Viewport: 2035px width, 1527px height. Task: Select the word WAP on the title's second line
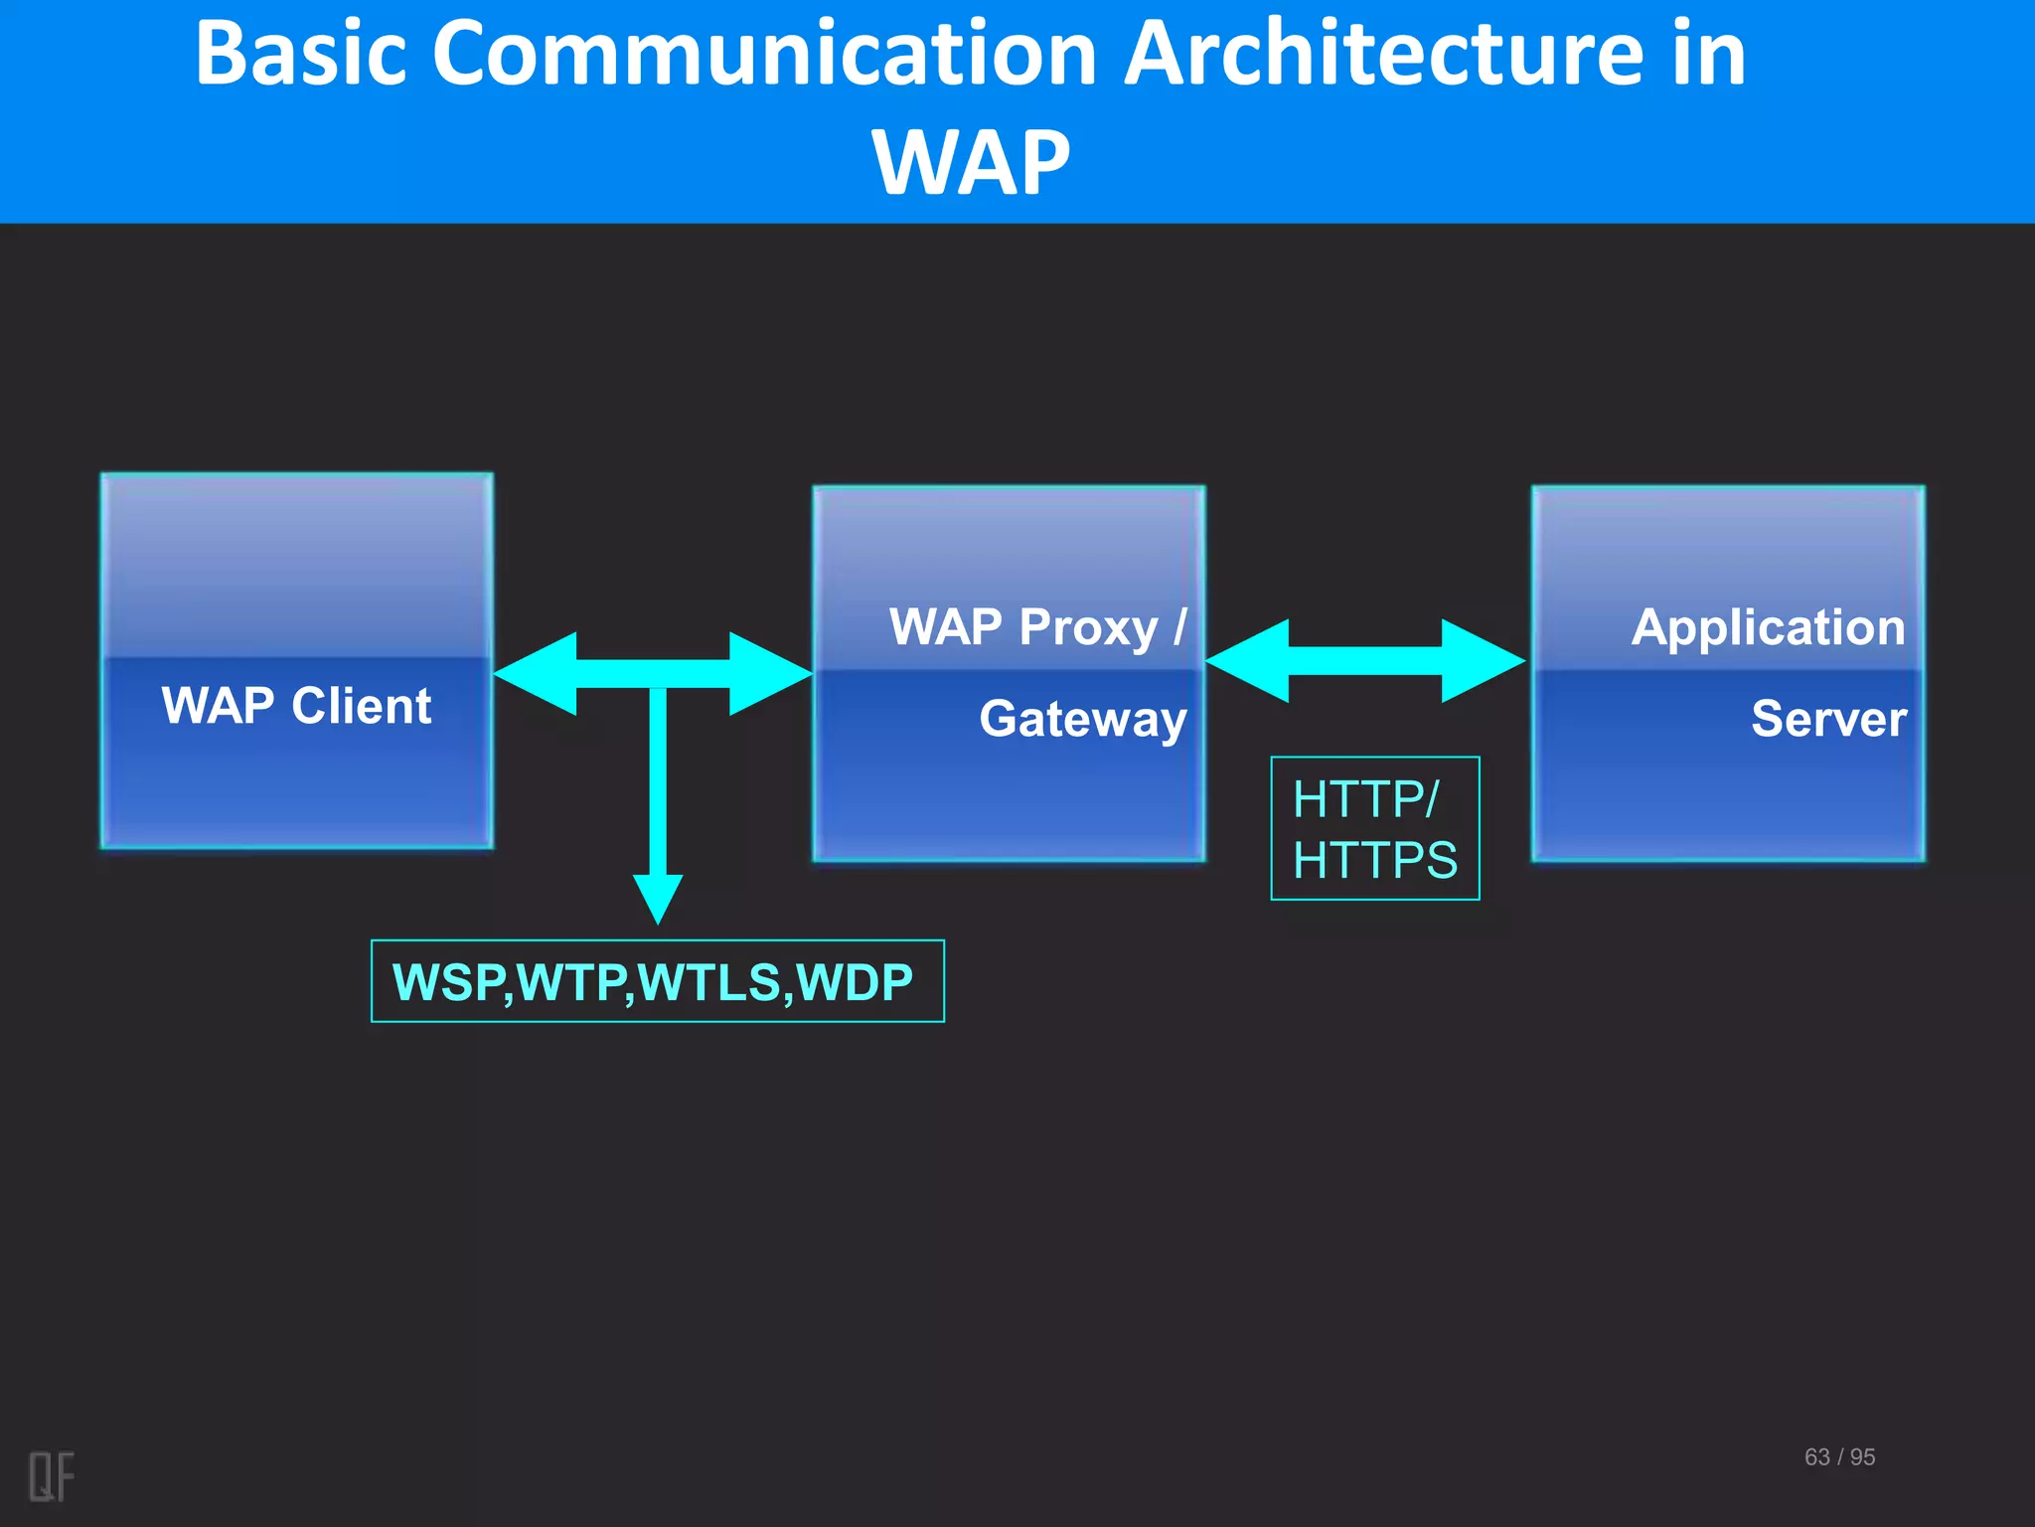(971, 164)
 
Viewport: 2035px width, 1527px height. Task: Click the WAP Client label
(296, 706)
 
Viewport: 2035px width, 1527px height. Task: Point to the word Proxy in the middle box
(1088, 628)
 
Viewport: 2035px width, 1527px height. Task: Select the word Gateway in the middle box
(1083, 719)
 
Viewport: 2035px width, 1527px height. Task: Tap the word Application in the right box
(1768, 628)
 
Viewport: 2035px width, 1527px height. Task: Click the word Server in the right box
(1828, 719)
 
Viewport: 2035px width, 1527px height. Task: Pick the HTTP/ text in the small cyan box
(1365, 799)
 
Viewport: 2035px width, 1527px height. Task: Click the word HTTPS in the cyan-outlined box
(1375, 860)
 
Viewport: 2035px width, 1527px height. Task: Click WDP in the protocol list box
(855, 982)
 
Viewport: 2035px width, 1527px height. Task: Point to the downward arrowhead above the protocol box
(658, 897)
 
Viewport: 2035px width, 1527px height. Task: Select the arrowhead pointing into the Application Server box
(1481, 661)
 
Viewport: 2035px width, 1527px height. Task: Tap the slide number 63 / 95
(1839, 1457)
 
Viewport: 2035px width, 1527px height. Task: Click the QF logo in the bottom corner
(51, 1476)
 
